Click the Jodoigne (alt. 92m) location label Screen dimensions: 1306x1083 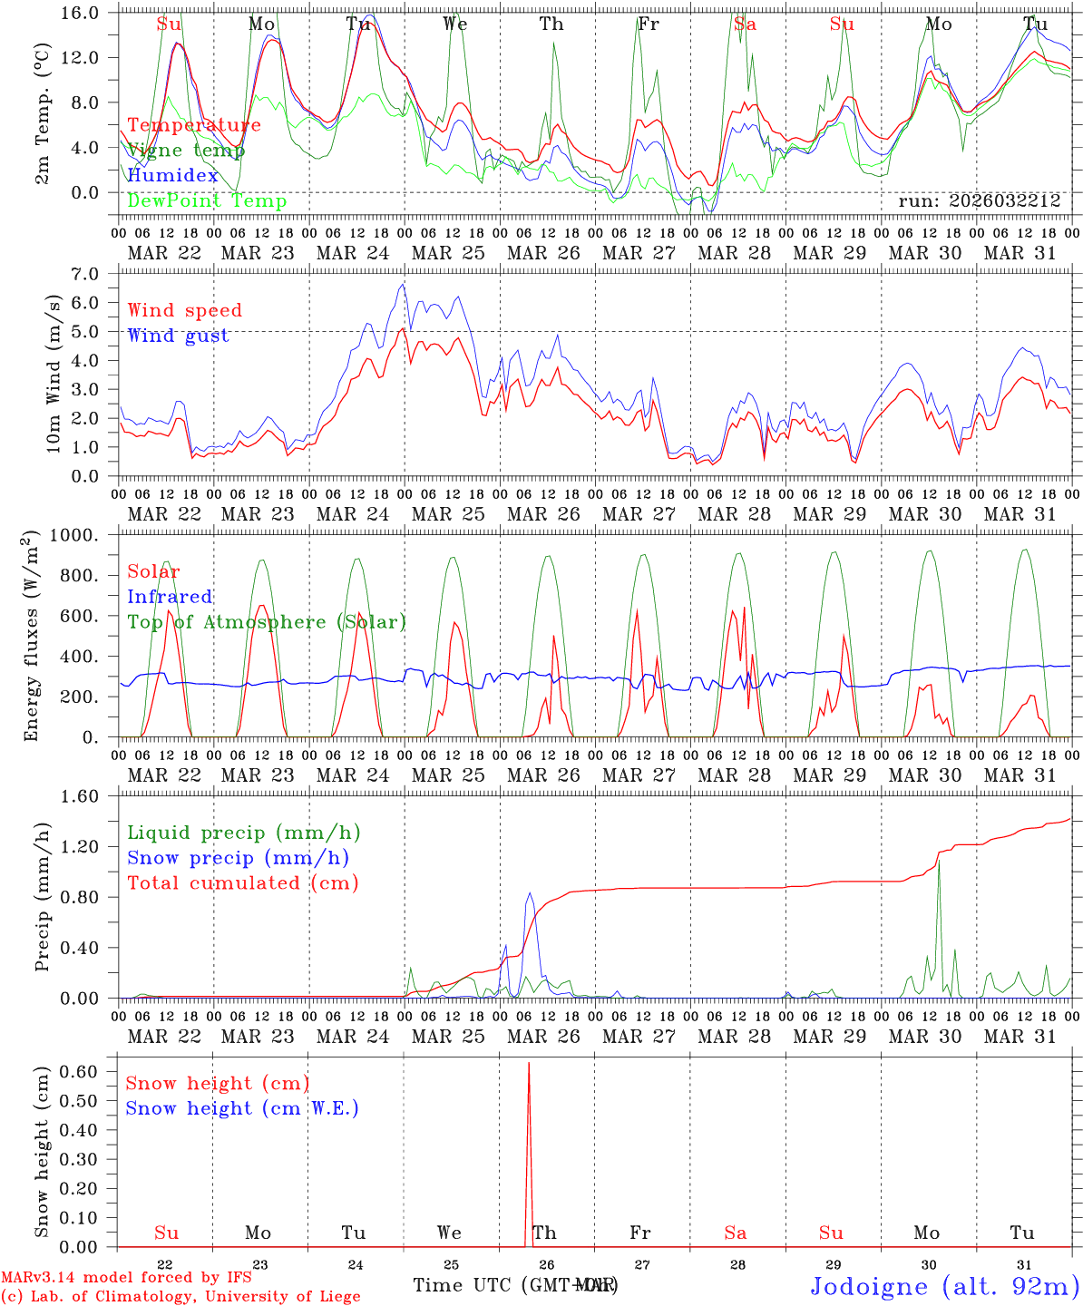point(944,1286)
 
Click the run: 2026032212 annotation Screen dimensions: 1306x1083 point(979,201)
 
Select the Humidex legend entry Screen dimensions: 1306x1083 point(173,176)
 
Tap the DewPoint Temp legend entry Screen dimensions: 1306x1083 point(207,201)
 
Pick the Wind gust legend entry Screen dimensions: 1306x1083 point(178,336)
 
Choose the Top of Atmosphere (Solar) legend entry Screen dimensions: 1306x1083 point(267,622)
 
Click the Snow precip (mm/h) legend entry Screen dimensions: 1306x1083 point(238,858)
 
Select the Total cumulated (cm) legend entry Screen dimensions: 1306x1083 point(242,883)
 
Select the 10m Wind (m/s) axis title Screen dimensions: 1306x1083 point(54,374)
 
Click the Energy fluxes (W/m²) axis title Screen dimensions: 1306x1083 point(32,635)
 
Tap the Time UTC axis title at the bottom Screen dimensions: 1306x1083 point(515,1285)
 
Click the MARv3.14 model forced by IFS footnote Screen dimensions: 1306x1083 point(126,1278)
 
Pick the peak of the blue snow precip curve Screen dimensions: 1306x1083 point(531,893)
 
